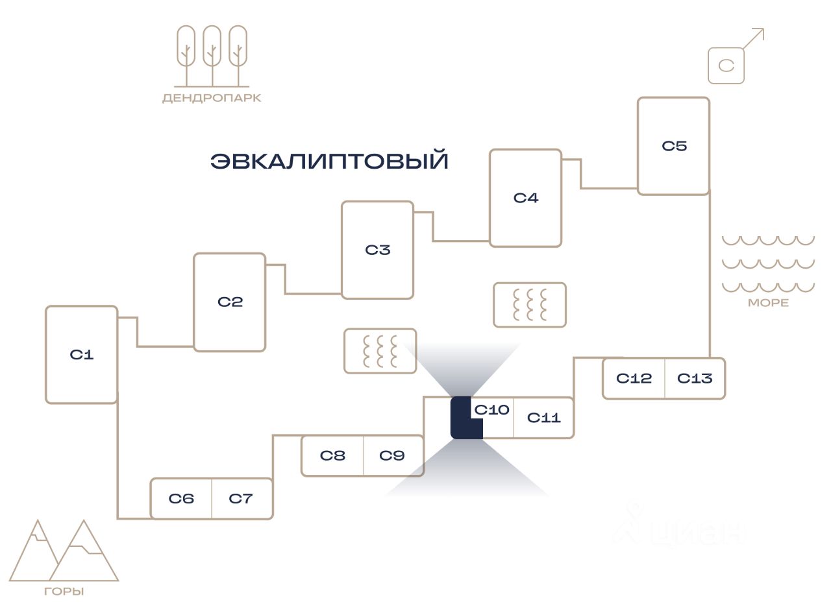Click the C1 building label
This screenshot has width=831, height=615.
tap(81, 354)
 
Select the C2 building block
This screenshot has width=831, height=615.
tap(230, 302)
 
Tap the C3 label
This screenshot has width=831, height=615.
tap(378, 250)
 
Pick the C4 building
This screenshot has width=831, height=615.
tap(525, 198)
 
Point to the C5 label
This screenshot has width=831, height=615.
tap(675, 146)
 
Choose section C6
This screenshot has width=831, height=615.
tap(181, 498)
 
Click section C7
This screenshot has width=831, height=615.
tap(242, 498)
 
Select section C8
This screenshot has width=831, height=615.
tap(332, 455)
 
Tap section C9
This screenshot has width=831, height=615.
tap(393, 455)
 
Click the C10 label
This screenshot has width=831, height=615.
tap(491, 410)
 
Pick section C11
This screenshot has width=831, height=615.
tap(543, 418)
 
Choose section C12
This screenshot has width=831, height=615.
tap(634, 378)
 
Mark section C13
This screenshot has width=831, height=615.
tap(695, 378)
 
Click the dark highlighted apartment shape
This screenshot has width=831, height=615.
tap(461, 418)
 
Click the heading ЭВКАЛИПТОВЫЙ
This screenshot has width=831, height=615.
tap(329, 160)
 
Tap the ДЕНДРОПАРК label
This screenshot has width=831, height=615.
tap(212, 98)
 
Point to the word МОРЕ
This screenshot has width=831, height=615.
tap(769, 302)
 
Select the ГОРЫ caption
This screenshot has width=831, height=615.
tap(64, 592)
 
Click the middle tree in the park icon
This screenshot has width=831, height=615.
tap(212, 56)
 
